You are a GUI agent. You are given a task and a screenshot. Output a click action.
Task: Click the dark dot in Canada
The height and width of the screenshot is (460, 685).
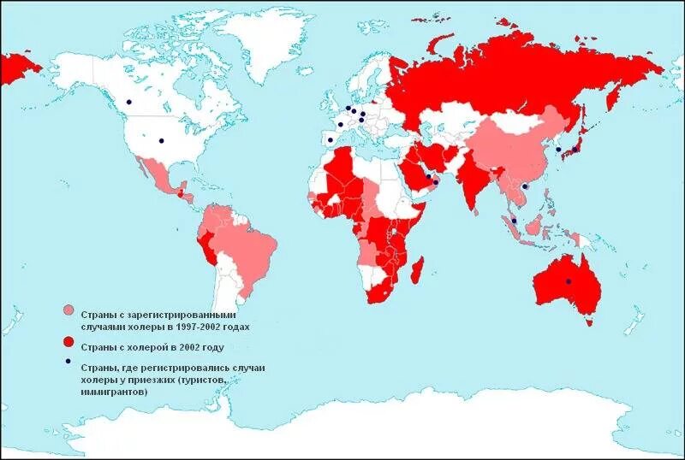pos(129,102)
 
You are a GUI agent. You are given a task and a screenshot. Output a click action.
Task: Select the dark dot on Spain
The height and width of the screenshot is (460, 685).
pos(331,140)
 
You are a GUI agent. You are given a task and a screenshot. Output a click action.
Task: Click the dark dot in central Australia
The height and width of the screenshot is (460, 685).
pos(568,281)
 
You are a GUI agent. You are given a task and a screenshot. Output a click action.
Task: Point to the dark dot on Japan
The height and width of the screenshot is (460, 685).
pos(576,149)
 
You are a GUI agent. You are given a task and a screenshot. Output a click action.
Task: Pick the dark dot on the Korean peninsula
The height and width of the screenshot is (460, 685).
pos(558,150)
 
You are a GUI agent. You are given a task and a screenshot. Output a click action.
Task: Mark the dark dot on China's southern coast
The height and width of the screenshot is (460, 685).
pos(524,186)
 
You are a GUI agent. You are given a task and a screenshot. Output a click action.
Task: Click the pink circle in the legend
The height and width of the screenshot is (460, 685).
pos(68,311)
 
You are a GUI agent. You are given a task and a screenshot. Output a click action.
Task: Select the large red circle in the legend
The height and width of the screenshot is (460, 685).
pos(68,342)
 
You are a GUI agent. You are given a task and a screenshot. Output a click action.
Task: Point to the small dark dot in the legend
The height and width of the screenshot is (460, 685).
pos(68,364)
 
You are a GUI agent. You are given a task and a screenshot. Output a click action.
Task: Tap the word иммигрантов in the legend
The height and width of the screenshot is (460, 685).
pos(114,392)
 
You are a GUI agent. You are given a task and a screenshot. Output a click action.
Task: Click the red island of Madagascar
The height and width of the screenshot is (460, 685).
pos(418,271)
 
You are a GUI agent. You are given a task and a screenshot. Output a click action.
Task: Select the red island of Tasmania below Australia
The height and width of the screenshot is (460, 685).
pos(588,321)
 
